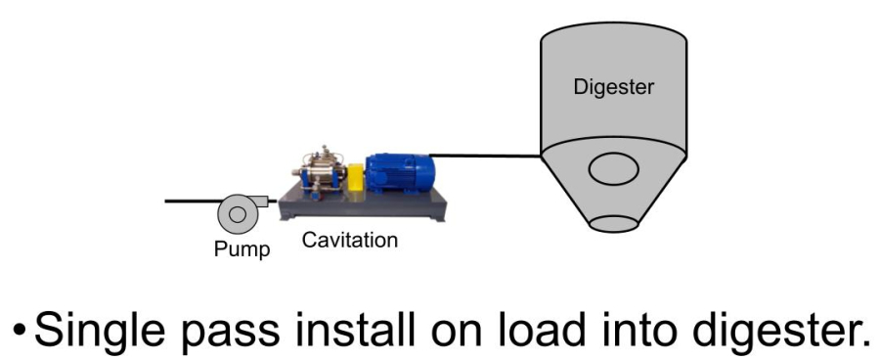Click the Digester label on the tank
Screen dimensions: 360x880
(613, 87)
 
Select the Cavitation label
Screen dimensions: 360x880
(350, 239)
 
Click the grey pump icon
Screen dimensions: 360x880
(237, 210)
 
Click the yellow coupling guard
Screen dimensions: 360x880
(356, 178)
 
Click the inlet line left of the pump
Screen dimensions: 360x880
(191, 202)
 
